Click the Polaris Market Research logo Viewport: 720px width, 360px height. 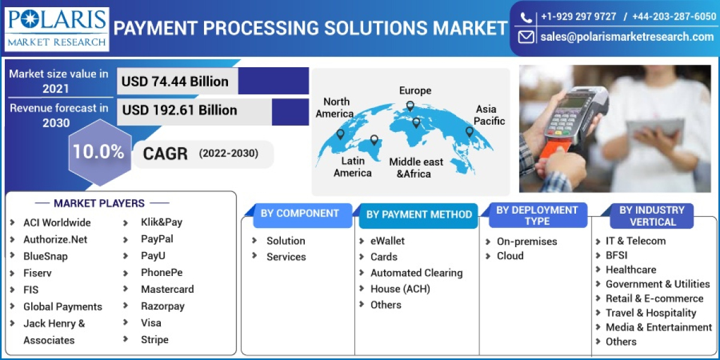click(57, 28)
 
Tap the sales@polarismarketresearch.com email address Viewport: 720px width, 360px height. click(627, 37)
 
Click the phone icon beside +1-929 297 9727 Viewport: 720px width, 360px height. click(526, 17)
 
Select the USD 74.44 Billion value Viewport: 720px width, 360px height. click(175, 81)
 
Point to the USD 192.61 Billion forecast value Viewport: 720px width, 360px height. click(179, 110)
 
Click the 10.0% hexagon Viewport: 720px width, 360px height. click(98, 152)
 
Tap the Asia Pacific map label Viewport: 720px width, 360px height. click(490, 115)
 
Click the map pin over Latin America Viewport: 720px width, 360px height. click(374, 140)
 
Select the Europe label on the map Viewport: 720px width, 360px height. click(415, 91)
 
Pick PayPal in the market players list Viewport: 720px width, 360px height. click(157, 239)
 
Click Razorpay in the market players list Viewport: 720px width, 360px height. click(163, 306)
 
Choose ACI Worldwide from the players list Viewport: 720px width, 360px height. click(57, 223)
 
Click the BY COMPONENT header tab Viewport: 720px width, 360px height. click(299, 214)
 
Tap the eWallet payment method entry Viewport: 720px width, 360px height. click(387, 241)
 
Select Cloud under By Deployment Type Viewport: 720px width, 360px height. click(510, 256)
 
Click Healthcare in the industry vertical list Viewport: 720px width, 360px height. click(631, 269)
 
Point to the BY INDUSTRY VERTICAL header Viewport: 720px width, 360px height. click(652, 216)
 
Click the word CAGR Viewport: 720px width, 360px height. click(165, 154)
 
